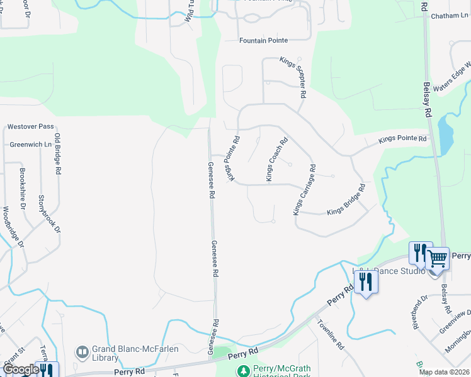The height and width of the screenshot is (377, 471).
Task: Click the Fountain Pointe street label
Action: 263,40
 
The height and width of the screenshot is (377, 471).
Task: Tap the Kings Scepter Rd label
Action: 293,77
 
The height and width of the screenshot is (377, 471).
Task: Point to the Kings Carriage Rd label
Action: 303,190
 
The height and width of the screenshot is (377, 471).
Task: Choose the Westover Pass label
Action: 30,126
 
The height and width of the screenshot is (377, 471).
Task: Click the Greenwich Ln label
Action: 30,144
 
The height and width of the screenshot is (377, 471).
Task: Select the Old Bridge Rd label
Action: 58,153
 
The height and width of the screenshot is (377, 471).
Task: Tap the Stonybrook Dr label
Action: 50,214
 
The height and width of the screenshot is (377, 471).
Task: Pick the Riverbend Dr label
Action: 420,312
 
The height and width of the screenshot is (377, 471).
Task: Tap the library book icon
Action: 82,353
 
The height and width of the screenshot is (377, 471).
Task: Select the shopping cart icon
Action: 436,258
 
